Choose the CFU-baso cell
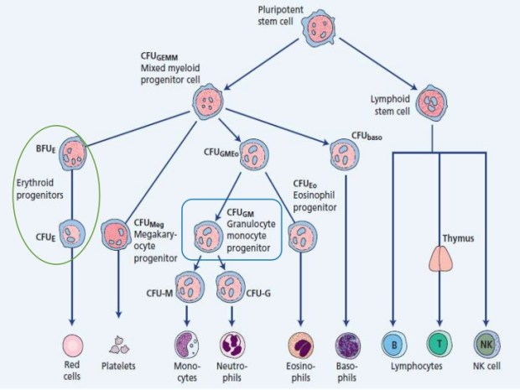pyautogui.click(x=344, y=153)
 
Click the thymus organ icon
pyautogui.click(x=439, y=259)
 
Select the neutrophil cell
pyautogui.click(x=232, y=345)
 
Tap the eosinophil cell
pyautogui.click(x=299, y=345)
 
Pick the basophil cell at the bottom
pyautogui.click(x=346, y=345)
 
